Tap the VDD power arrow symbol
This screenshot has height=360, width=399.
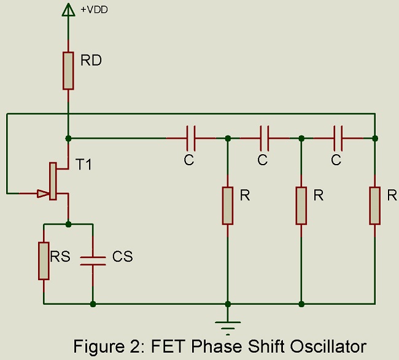(68, 9)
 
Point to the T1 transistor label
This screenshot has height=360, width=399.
(85, 164)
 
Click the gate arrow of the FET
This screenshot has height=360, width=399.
(42, 194)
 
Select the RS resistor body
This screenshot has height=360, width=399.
(44, 261)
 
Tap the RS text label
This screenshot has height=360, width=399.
(60, 256)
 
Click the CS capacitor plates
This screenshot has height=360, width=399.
(93, 260)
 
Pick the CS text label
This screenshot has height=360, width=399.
(122, 256)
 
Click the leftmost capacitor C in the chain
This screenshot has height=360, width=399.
(190, 138)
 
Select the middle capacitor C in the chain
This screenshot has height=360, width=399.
(264, 138)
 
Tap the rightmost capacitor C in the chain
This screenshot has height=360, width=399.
(338, 138)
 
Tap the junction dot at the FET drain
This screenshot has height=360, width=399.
(68, 138)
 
